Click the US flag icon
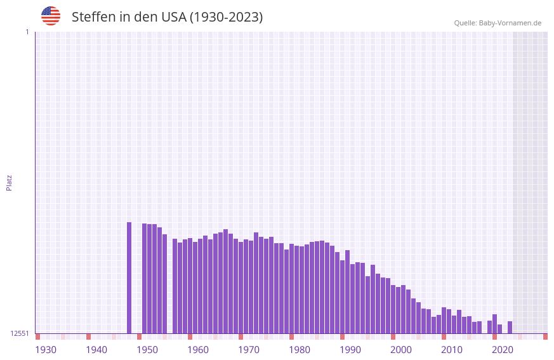(51, 16)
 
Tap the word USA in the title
(174, 17)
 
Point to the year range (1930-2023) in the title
(227, 17)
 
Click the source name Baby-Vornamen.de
(510, 23)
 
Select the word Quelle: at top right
(465, 23)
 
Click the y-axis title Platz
(9, 182)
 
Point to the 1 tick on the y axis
(27, 32)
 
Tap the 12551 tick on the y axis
(20, 333)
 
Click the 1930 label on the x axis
(46, 350)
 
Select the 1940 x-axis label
(96, 350)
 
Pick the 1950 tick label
(147, 350)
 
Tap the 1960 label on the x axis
(198, 350)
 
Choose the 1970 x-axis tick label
(249, 350)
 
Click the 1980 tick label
(300, 350)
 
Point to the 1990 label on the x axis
(350, 350)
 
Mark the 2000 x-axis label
(401, 350)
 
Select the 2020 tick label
(503, 350)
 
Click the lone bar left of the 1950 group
(129, 277)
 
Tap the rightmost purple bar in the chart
(510, 327)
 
